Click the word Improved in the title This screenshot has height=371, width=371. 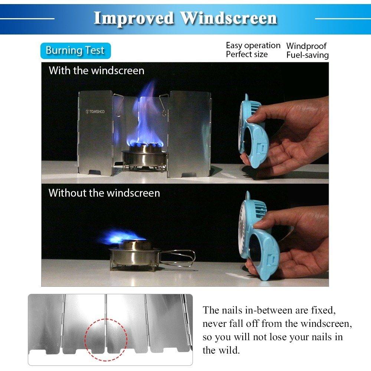(134, 18)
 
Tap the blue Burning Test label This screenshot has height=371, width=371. (75, 50)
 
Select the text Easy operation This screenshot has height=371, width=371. (253, 45)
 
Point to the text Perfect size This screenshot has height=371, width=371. (247, 55)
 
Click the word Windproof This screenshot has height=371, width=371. (306, 46)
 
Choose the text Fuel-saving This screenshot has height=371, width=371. (307, 55)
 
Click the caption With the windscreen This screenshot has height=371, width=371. (96, 70)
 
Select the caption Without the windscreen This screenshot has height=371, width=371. (104, 193)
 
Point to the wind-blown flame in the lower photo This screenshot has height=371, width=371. (119, 236)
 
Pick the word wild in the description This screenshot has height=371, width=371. (230, 350)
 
